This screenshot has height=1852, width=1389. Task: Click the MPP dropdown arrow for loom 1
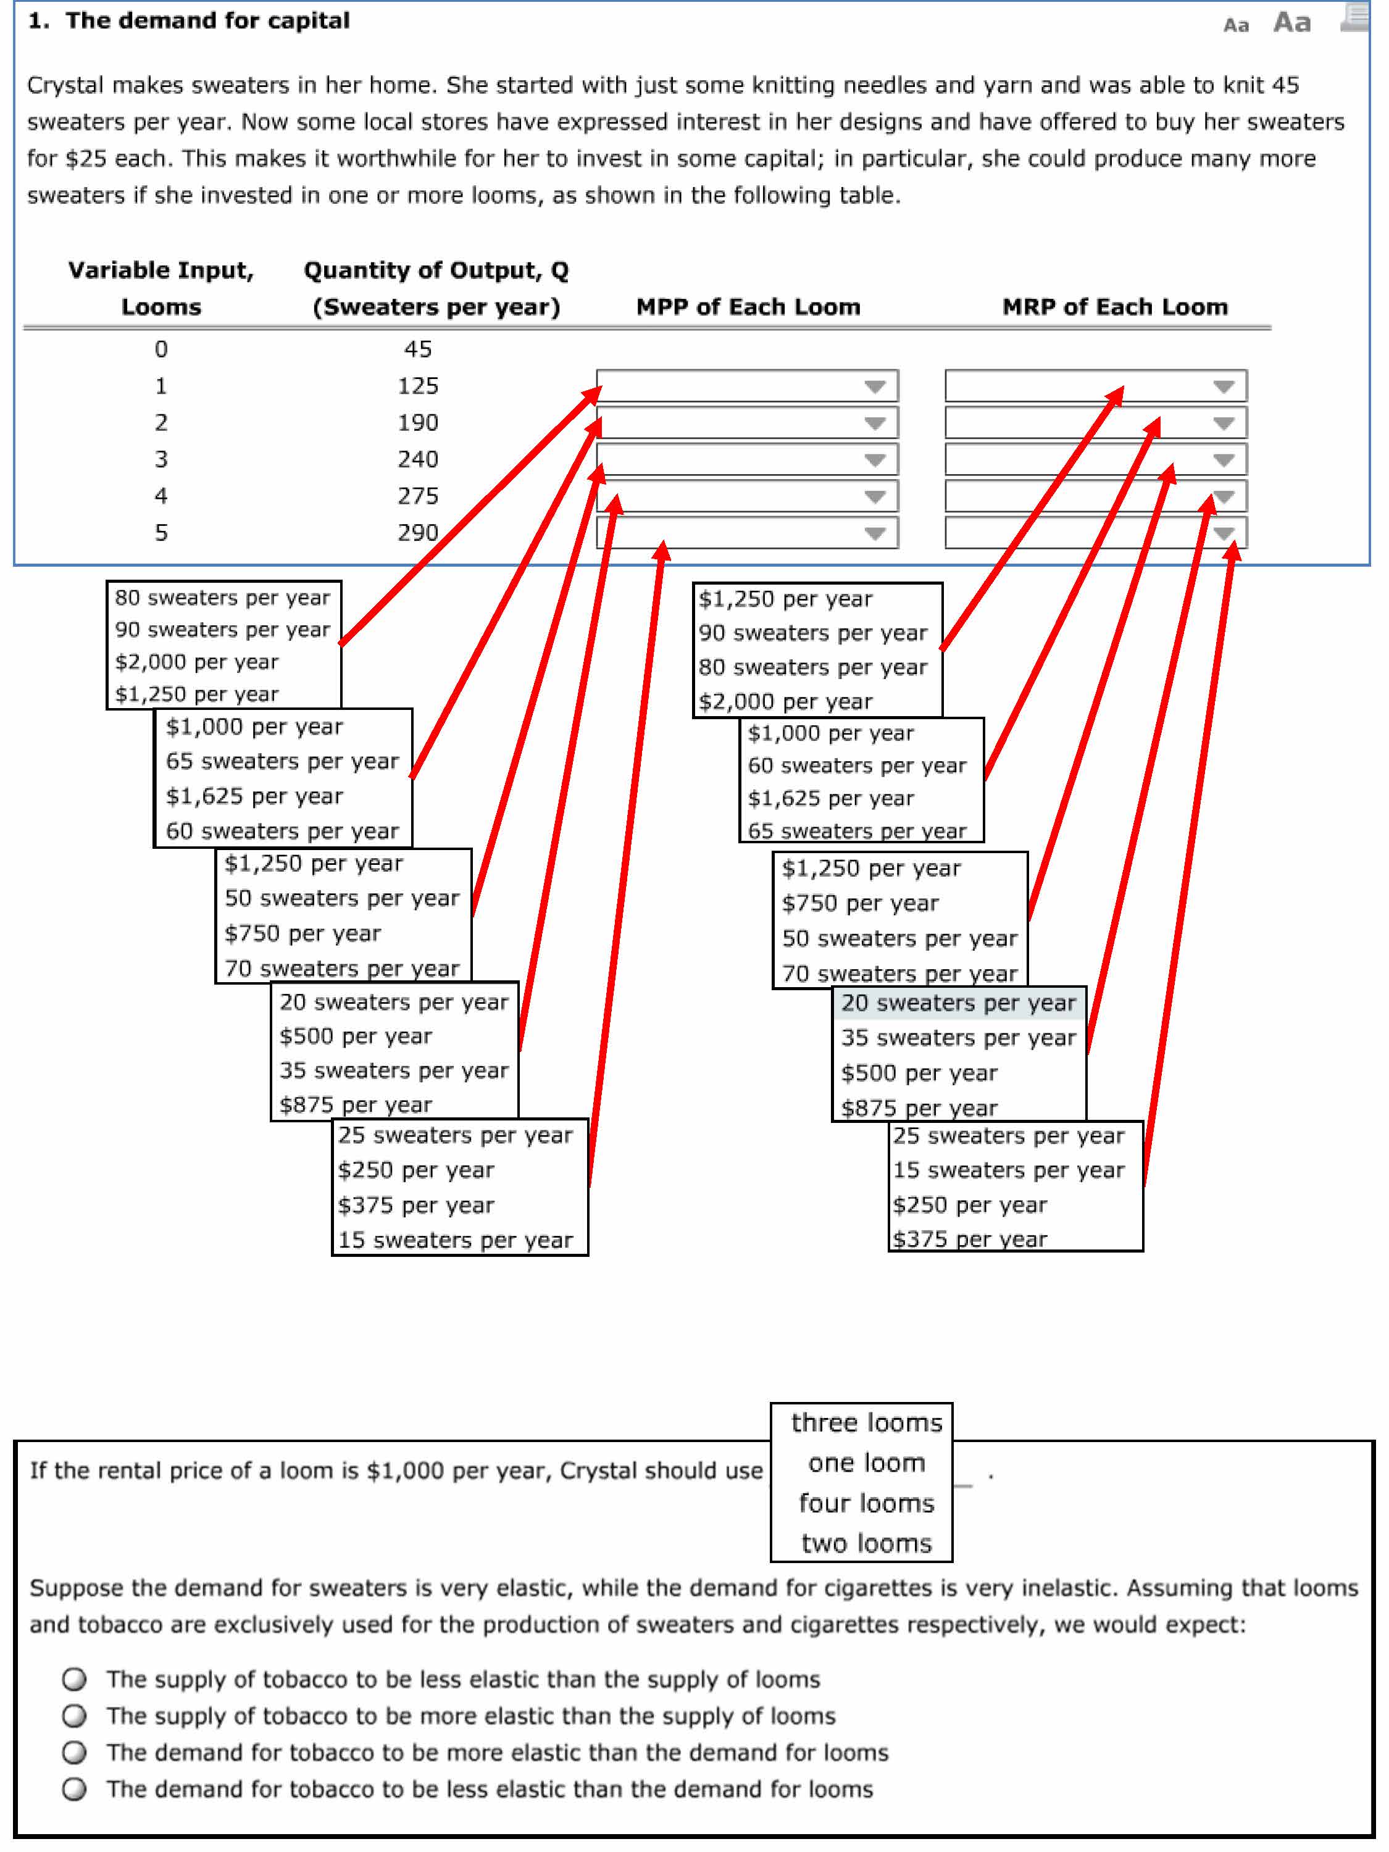[x=875, y=386]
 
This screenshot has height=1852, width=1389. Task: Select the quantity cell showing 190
[x=418, y=423]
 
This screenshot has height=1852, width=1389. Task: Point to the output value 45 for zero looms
[x=418, y=349]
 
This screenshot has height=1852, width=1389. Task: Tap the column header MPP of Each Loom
[x=748, y=307]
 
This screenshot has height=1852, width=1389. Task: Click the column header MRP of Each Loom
[x=1116, y=307]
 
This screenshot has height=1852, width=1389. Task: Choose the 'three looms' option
[x=867, y=1422]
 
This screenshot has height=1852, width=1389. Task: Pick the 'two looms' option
[x=867, y=1543]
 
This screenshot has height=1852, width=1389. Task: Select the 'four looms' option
[x=867, y=1503]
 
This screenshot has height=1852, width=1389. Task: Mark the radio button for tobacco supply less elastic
[x=75, y=1679]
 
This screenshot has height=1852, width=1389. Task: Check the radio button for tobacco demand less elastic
[x=75, y=1789]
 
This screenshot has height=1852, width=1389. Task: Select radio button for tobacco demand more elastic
[x=75, y=1753]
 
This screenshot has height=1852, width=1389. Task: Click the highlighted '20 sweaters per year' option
[x=959, y=1003]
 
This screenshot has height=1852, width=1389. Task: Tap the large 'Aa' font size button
[x=1292, y=22]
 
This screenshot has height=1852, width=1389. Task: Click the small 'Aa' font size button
[x=1236, y=25]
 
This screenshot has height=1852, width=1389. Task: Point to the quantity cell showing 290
[x=418, y=533]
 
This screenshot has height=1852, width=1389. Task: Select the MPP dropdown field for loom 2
[x=747, y=423]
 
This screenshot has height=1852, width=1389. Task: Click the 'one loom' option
[x=867, y=1462]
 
